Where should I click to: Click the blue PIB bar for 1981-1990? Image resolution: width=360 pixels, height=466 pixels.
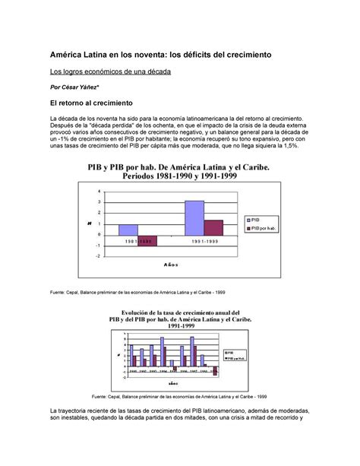click(128, 230)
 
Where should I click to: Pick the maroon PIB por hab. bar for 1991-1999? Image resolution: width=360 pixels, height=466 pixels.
click(213, 227)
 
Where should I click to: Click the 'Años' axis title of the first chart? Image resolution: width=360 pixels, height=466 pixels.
click(171, 265)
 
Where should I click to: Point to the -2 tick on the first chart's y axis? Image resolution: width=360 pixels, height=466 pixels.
click(98, 256)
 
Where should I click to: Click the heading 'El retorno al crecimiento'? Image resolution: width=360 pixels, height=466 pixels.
click(90, 102)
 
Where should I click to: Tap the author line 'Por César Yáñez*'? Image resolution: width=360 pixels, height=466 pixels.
click(81, 87)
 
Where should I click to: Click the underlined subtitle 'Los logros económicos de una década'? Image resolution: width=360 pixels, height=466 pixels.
click(110, 71)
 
